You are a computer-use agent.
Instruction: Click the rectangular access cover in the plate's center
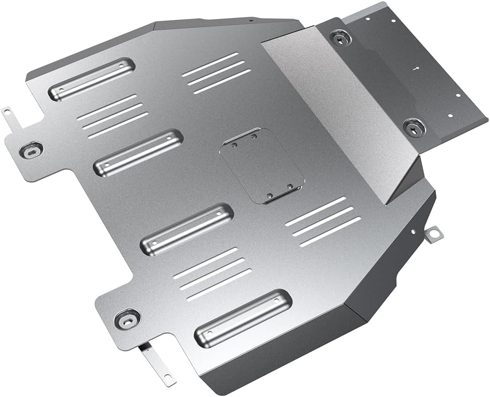(x=262, y=165)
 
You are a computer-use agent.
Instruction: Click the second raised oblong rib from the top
(x=138, y=153)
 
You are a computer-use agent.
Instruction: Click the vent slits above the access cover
(x=216, y=73)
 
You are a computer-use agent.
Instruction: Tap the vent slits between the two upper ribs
(x=113, y=116)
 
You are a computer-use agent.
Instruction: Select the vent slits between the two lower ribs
(x=212, y=274)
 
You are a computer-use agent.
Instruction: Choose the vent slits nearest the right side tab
(x=323, y=221)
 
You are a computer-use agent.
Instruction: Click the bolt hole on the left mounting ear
(x=31, y=149)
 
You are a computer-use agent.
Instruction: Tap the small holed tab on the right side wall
(x=434, y=234)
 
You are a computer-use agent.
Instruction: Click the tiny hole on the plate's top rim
(x=251, y=21)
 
